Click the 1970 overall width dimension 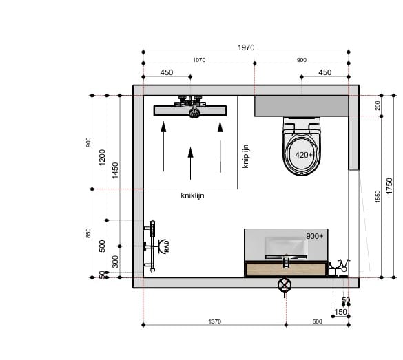pos(246,47)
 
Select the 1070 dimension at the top pos(199,60)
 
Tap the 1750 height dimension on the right pos(389,186)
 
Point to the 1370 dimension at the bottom pos(214,321)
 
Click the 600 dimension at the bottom pos(317,321)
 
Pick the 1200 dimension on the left pos(102,158)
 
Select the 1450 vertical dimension pos(115,170)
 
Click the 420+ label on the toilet pos(304,155)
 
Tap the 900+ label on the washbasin pos(315,236)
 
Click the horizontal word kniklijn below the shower pos(192,195)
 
